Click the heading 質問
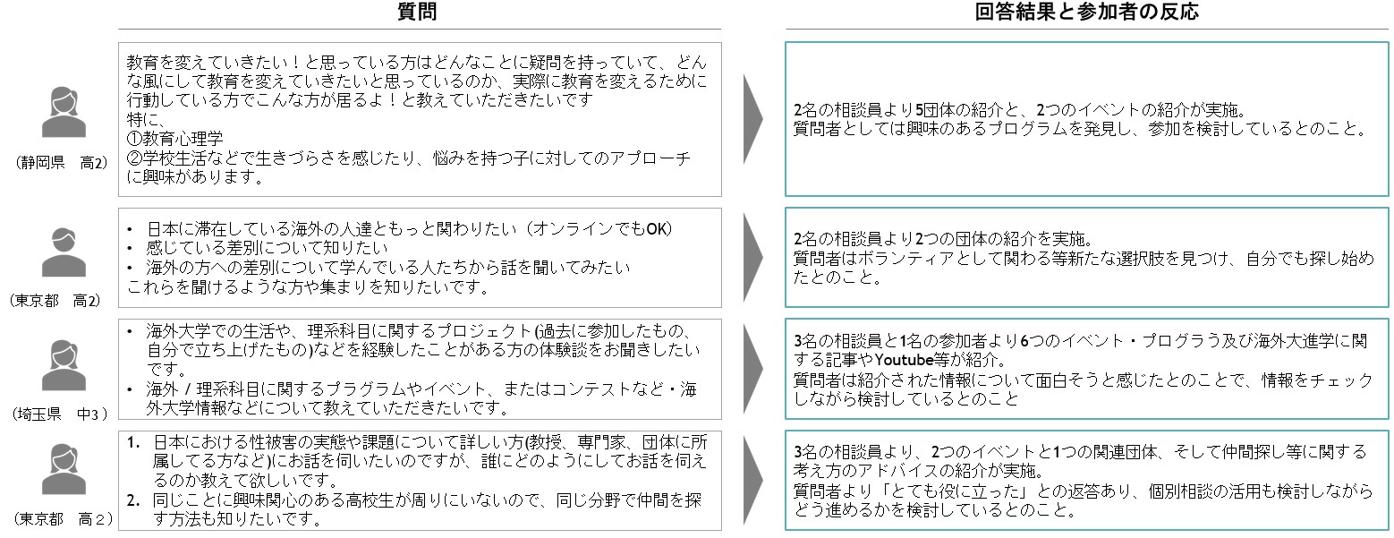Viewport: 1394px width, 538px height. [x=416, y=12]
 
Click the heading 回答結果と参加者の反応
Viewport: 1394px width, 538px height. [x=1086, y=12]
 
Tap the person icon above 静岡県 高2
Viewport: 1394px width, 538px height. [x=64, y=113]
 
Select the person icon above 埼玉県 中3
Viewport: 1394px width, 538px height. [x=64, y=365]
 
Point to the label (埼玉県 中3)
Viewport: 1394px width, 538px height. [x=60, y=414]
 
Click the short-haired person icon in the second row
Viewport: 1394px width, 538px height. [x=64, y=252]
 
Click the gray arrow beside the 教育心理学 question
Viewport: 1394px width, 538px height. [x=753, y=118]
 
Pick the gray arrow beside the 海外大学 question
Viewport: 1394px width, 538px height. [x=753, y=369]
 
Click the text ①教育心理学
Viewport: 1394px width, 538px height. [x=174, y=138]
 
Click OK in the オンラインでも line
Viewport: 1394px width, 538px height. [x=656, y=229]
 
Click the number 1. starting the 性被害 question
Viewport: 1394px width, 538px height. [x=133, y=443]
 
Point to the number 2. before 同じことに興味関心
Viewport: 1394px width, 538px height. [x=133, y=500]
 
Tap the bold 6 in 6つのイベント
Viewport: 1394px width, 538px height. [x=1025, y=341]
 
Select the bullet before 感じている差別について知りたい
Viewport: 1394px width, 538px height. [x=130, y=249]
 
